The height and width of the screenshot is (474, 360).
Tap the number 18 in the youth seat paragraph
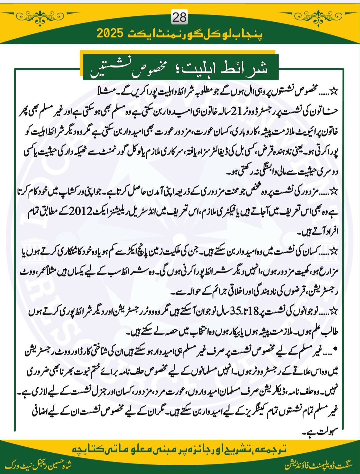254,312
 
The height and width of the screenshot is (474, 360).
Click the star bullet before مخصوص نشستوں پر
333,90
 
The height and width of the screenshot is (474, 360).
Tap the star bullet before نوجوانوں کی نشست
334,311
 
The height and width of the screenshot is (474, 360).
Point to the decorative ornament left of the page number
40,15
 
